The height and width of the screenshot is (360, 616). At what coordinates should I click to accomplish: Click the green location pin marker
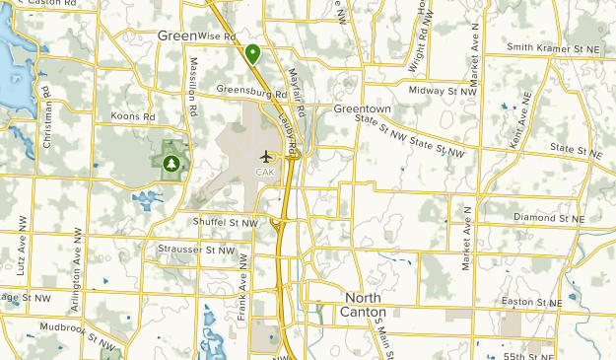click(x=253, y=53)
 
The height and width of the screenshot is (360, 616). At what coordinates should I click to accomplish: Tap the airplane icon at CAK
click(x=265, y=157)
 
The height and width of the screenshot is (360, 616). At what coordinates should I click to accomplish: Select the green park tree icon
click(x=172, y=162)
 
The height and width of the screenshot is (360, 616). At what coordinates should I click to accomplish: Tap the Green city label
click(x=176, y=36)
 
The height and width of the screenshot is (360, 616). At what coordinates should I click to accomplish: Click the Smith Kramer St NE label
click(x=552, y=47)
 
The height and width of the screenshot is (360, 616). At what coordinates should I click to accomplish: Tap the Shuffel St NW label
click(x=226, y=223)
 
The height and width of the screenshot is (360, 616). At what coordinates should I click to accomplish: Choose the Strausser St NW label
click(x=197, y=251)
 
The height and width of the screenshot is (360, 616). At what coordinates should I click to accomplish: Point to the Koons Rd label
click(x=135, y=116)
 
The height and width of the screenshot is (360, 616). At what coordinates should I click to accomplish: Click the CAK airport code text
click(x=265, y=172)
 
